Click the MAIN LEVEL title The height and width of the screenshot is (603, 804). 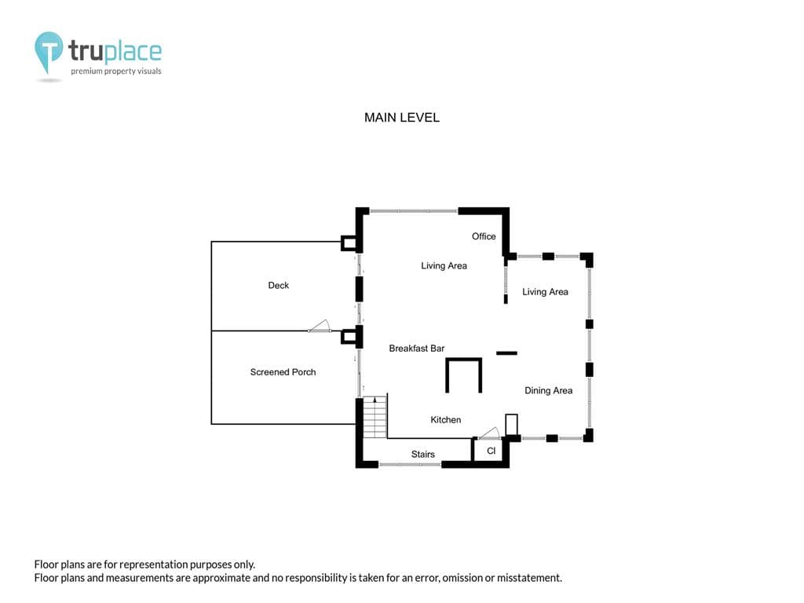(x=402, y=118)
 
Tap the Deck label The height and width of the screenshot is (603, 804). (x=279, y=285)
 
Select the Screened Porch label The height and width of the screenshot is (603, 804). (x=283, y=371)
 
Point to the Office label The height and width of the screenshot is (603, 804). (x=484, y=236)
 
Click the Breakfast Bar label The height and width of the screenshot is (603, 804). (x=416, y=348)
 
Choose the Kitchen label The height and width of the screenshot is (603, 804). (x=446, y=419)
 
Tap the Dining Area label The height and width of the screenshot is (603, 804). (x=548, y=390)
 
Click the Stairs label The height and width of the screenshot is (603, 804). (x=423, y=454)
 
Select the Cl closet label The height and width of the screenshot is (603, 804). (x=492, y=451)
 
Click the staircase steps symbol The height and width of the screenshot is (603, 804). (x=375, y=417)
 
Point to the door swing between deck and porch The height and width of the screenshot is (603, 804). (x=320, y=327)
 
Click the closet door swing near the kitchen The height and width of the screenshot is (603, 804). (x=489, y=433)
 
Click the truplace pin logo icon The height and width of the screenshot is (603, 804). (x=48, y=52)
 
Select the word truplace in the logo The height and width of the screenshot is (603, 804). (x=115, y=51)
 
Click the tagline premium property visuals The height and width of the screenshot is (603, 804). (x=116, y=71)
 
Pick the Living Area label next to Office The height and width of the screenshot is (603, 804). (x=444, y=265)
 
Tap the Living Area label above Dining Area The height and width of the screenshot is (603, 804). (x=545, y=292)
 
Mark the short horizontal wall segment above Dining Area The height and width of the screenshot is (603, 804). (x=506, y=353)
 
